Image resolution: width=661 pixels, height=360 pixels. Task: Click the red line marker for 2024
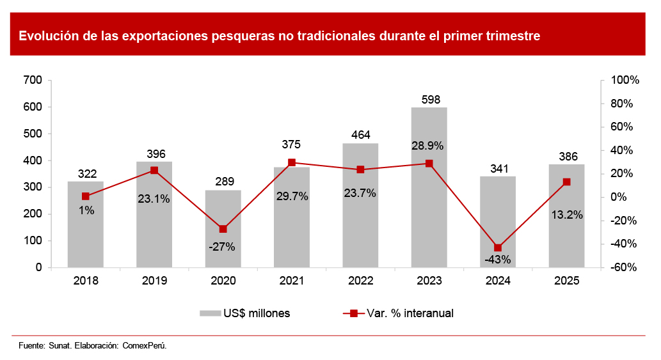tap(498, 247)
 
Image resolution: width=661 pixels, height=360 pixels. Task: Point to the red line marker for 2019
tap(154, 170)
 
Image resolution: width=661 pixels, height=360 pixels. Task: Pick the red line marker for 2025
tap(566, 182)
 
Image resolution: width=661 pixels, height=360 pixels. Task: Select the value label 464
tap(360, 135)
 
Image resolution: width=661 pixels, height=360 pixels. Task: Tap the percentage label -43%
tap(497, 260)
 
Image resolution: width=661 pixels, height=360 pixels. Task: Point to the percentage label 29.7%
tap(292, 196)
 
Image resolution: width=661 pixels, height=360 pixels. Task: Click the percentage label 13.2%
tap(566, 215)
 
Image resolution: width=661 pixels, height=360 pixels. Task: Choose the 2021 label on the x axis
tap(292, 281)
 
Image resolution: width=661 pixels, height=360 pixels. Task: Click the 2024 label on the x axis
tap(498, 281)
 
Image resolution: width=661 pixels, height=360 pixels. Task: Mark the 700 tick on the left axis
tap(33, 81)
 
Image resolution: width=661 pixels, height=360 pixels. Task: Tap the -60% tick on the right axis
tap(624, 268)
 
